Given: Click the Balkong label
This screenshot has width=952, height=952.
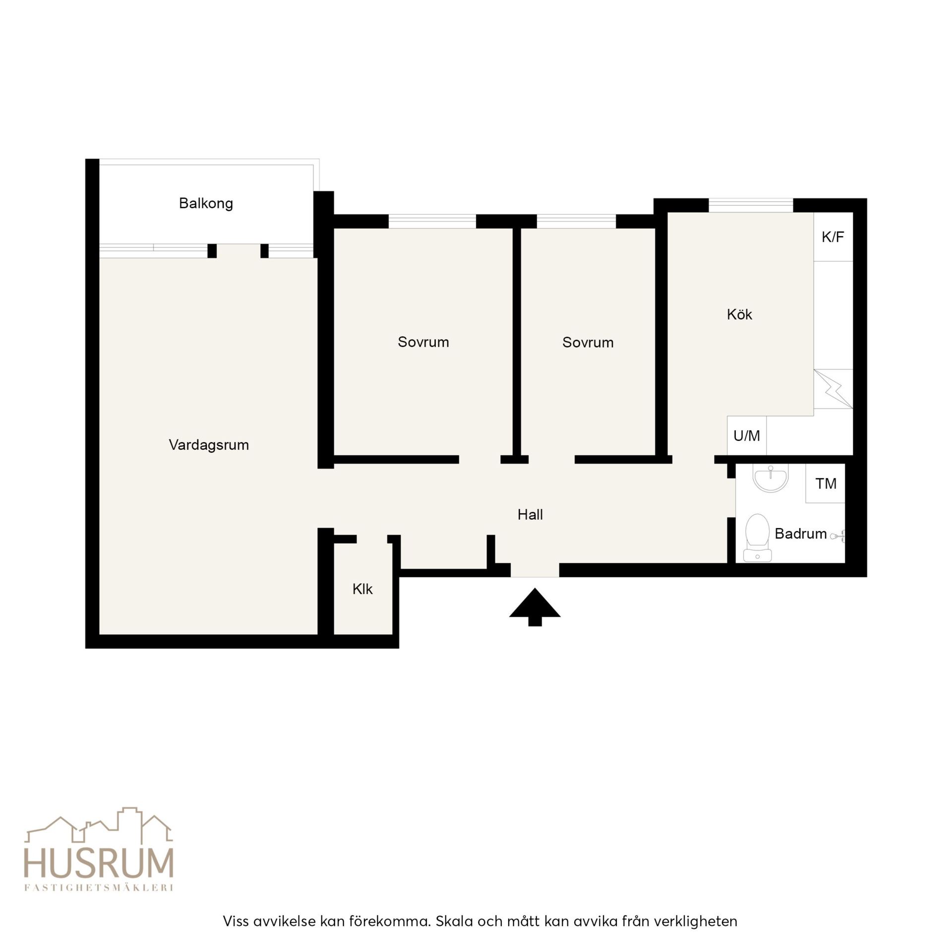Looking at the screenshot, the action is pyautogui.click(x=206, y=203).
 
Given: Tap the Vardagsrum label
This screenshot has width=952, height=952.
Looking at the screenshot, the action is pyautogui.click(x=209, y=445).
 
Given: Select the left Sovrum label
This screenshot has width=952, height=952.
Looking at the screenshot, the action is pyautogui.click(x=423, y=342).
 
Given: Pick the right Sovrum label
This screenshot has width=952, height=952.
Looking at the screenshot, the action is pyautogui.click(x=588, y=343).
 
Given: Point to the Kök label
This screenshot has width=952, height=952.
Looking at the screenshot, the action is pyautogui.click(x=739, y=314).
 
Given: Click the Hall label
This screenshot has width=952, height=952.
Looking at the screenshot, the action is pyautogui.click(x=530, y=515).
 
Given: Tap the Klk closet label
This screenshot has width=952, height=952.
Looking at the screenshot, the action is pyautogui.click(x=362, y=589).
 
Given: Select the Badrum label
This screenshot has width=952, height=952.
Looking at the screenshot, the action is pyautogui.click(x=801, y=534).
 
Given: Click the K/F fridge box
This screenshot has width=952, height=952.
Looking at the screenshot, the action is pyautogui.click(x=833, y=237).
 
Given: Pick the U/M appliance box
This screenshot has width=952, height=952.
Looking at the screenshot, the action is pyautogui.click(x=747, y=435).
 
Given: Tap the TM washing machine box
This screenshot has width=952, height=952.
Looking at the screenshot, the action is pyautogui.click(x=826, y=483).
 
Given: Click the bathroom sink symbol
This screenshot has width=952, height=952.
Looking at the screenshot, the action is pyautogui.click(x=771, y=478).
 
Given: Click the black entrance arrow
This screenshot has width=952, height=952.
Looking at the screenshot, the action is pyautogui.click(x=535, y=606).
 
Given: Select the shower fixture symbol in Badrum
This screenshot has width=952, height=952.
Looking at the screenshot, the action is pyautogui.click(x=838, y=535).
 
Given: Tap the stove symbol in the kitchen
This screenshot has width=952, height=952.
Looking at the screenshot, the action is pyautogui.click(x=833, y=389).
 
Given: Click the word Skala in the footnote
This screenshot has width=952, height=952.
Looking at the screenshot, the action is pyautogui.click(x=454, y=921).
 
